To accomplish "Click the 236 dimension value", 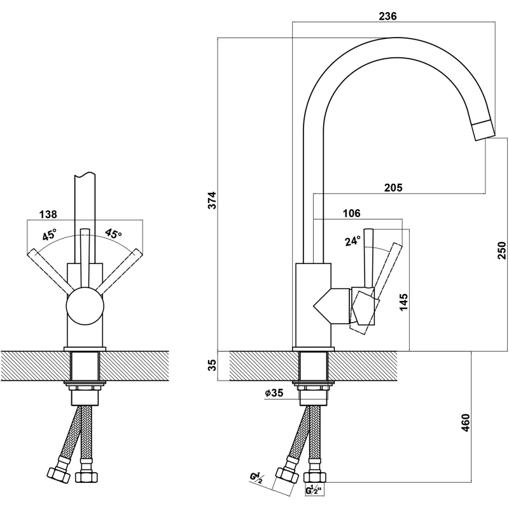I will tap(387, 17).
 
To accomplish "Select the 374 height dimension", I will tap(213, 200).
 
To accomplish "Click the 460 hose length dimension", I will tap(465, 422).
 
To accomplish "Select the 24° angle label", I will tap(352, 241).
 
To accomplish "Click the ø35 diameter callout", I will tap(274, 393).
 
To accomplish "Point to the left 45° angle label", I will tap(50, 234).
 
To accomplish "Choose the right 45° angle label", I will tap(113, 234).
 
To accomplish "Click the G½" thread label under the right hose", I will tap(314, 491).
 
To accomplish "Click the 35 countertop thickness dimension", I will tap(213, 365).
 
